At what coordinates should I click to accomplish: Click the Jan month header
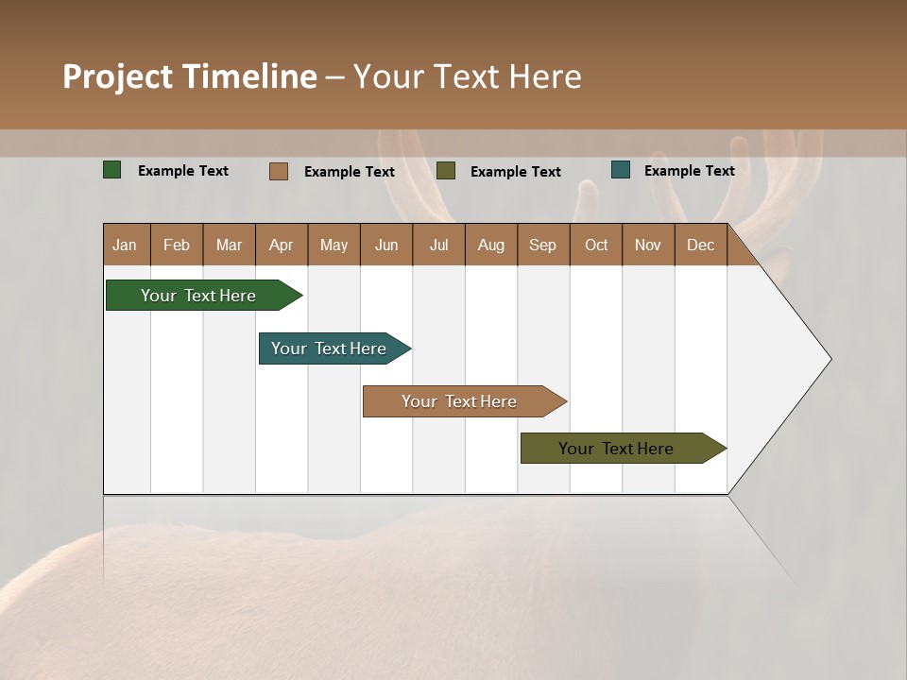click(126, 245)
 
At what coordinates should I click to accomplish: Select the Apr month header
click(282, 245)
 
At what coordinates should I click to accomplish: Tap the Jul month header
click(438, 245)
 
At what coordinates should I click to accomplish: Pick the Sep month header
click(543, 245)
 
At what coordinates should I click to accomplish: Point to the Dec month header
click(700, 245)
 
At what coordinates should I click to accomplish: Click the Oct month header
click(596, 245)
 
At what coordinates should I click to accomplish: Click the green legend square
click(112, 170)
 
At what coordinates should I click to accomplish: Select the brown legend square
click(279, 171)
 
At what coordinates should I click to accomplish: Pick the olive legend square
click(446, 170)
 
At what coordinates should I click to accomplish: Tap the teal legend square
click(621, 170)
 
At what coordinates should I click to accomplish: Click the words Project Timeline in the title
click(190, 76)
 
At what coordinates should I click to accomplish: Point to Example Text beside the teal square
click(689, 171)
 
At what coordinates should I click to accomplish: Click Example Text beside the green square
click(183, 171)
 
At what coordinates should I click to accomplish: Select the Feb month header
click(177, 245)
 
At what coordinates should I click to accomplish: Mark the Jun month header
click(386, 245)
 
